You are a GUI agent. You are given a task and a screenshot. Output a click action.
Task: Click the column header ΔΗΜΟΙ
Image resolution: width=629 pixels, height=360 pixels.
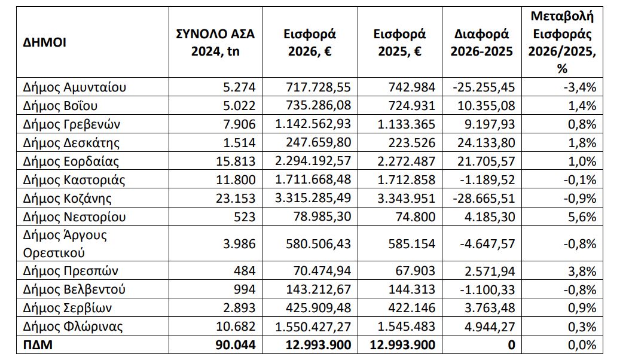click(44, 42)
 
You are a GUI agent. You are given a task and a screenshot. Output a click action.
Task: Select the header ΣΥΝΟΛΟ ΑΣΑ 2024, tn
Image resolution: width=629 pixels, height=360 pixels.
click(215, 42)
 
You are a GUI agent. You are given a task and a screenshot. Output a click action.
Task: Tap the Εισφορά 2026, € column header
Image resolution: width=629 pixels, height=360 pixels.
click(310, 42)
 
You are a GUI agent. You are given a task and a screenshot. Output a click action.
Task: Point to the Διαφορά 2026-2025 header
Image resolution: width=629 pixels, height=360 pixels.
click(482, 42)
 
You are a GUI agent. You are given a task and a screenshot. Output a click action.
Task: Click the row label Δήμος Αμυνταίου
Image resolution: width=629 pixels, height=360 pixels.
click(75, 87)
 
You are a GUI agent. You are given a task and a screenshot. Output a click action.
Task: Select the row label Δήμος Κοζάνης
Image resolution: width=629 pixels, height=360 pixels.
click(68, 199)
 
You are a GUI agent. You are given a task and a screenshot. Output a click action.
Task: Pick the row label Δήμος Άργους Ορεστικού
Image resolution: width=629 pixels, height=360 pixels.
click(65, 243)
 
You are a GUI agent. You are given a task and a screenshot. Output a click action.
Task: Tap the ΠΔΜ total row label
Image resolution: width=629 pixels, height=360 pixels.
click(38, 344)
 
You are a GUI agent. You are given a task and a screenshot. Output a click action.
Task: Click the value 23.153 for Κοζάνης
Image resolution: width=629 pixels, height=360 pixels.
click(236, 199)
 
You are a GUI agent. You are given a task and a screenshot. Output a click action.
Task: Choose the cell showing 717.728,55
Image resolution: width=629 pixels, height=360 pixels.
click(319, 87)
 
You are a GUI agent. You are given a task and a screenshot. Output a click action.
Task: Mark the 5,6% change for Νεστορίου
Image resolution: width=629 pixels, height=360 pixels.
click(582, 216)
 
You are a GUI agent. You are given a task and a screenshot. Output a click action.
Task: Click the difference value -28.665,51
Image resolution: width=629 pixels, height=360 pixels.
click(484, 199)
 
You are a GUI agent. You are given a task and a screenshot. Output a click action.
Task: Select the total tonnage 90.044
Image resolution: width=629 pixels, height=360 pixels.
click(236, 344)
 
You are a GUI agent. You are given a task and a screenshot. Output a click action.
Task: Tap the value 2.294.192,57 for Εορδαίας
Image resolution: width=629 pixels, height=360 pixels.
click(313, 161)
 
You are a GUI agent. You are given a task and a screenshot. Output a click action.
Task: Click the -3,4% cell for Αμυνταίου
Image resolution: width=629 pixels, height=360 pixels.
click(580, 87)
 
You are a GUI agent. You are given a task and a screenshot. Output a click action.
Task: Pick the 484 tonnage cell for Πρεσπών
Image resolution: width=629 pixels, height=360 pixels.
click(245, 271)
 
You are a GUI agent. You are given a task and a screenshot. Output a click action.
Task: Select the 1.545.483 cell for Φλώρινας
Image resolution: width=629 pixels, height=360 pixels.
click(407, 327)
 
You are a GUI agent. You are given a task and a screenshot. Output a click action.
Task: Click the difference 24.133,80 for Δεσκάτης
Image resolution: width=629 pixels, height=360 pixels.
click(486, 142)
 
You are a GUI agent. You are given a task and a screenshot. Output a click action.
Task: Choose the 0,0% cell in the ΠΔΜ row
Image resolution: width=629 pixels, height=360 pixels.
click(582, 344)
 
